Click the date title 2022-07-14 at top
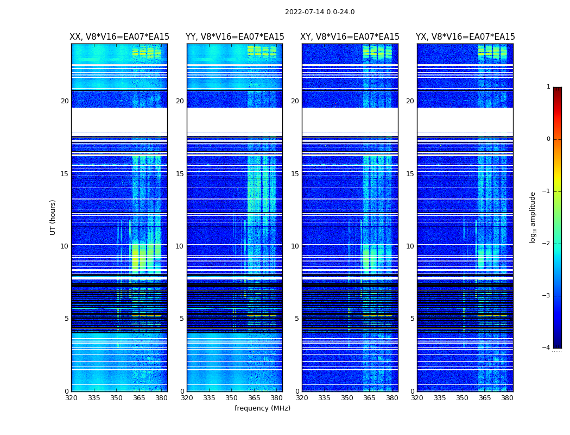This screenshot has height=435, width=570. (320, 12)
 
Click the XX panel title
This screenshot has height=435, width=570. (119, 37)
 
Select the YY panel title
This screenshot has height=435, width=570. (235, 37)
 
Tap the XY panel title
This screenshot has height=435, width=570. (350, 37)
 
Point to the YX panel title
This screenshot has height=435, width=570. (465, 37)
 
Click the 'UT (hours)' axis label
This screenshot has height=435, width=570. (53, 217)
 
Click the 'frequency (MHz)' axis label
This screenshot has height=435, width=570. (262, 408)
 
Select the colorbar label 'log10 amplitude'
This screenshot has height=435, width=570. (533, 217)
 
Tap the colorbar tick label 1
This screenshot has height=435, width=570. (548, 87)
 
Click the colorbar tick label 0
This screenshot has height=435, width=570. (548, 139)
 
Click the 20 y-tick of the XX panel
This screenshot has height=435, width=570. (65, 101)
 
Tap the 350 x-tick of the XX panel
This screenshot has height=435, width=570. (116, 397)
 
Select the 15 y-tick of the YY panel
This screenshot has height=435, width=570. (180, 174)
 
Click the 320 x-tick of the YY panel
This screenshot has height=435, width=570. (187, 397)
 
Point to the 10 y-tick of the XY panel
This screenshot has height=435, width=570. (295, 246)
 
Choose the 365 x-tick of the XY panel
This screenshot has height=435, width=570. (369, 397)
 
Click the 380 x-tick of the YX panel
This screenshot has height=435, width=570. (507, 397)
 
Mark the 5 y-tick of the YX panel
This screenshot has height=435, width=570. (412, 319)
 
